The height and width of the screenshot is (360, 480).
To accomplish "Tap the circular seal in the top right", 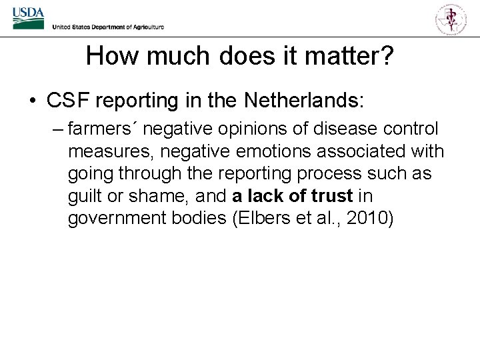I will (451, 19).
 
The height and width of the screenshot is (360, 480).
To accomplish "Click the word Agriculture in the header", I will (143, 27).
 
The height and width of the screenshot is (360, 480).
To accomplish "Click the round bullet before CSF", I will (32, 102).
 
